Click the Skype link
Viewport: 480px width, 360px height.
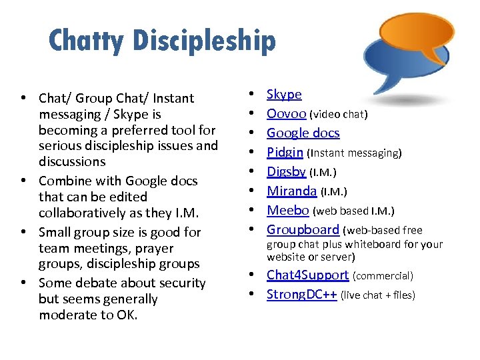coord(284,95)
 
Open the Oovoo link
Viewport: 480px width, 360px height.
coord(287,114)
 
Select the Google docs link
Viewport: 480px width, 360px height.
coord(303,133)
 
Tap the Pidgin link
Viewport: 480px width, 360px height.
coord(285,153)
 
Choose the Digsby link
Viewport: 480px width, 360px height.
coord(286,172)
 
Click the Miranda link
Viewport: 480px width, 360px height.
coord(291,191)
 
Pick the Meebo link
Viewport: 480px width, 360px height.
coord(288,211)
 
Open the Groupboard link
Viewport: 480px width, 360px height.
coord(303,230)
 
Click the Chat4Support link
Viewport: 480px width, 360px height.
coord(307,275)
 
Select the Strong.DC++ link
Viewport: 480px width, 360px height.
coord(301,295)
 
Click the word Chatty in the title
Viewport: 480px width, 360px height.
coord(86,41)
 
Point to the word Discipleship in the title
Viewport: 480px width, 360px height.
coord(204,41)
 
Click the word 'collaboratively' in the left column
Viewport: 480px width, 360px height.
coord(83,213)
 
